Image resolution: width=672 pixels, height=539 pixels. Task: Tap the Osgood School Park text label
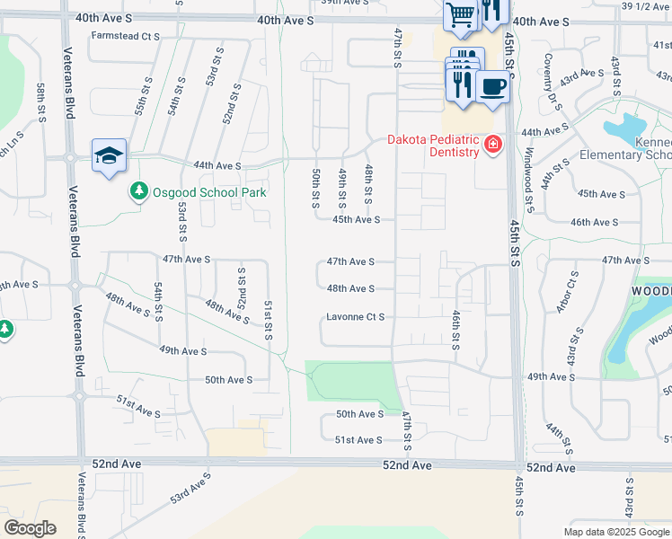[197, 192]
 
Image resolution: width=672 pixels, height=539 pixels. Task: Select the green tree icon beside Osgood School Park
[138, 191]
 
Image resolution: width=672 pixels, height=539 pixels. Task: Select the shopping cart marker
[461, 15]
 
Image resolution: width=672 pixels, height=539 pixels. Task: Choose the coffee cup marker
[492, 87]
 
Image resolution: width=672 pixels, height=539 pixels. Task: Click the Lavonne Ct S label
[355, 317]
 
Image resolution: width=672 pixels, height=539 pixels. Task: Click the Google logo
[30, 528]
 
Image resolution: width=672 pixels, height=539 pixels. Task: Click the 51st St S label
[268, 320]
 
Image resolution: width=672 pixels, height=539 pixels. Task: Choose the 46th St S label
[456, 330]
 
